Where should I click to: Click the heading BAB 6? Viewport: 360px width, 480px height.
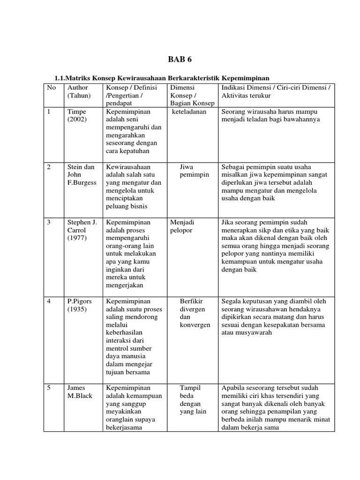tap(180, 60)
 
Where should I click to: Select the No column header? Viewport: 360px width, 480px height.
tap(51, 87)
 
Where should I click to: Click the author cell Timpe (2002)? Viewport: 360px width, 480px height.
tap(77, 116)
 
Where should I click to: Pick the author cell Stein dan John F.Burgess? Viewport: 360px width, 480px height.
tap(81, 175)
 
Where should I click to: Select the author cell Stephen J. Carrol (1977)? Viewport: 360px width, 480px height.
tap(82, 230)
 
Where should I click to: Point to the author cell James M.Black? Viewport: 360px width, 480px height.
tap(80, 392)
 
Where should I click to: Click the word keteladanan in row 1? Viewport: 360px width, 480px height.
tap(189, 112)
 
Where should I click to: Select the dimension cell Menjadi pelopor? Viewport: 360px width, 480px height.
tap(182, 226)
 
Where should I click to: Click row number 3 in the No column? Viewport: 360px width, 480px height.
tap(49, 223)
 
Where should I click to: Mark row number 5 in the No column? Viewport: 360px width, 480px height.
tap(49, 388)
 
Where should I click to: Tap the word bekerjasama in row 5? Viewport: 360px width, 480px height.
tap(124, 427)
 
